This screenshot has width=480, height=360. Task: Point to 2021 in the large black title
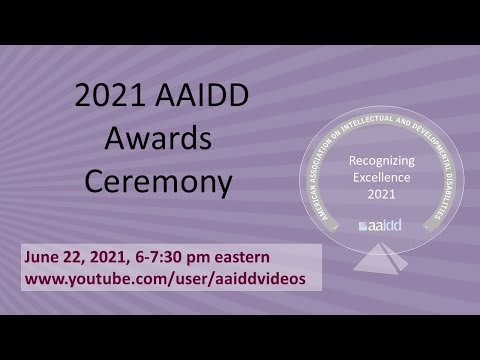click(109, 97)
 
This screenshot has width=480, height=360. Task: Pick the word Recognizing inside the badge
click(381, 159)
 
